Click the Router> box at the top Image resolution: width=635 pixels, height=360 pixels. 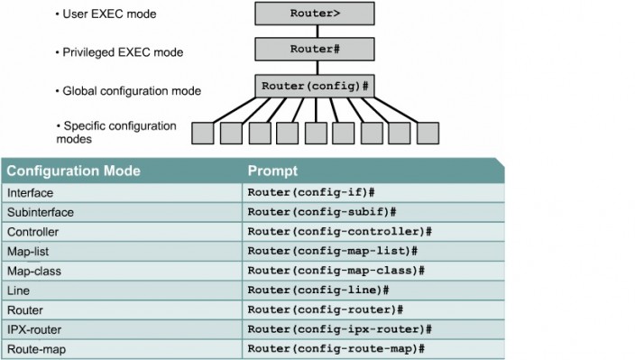click(x=315, y=14)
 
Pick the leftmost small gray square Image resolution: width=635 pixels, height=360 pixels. click(x=203, y=134)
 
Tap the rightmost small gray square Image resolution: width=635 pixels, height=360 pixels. click(x=428, y=134)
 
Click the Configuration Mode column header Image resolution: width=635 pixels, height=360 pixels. click(x=66, y=171)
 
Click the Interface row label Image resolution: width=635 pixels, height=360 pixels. click(x=30, y=193)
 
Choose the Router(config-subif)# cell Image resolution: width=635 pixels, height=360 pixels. click(x=322, y=212)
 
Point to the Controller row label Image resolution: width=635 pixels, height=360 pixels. click(x=32, y=232)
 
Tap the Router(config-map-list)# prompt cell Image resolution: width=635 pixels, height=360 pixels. click(x=332, y=251)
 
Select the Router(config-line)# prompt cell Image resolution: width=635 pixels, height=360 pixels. click(x=318, y=290)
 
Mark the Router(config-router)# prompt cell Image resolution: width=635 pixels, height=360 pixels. click(x=325, y=309)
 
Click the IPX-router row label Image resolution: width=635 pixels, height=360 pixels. click(x=34, y=328)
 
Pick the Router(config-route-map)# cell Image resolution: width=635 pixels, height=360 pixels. click(x=336, y=348)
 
